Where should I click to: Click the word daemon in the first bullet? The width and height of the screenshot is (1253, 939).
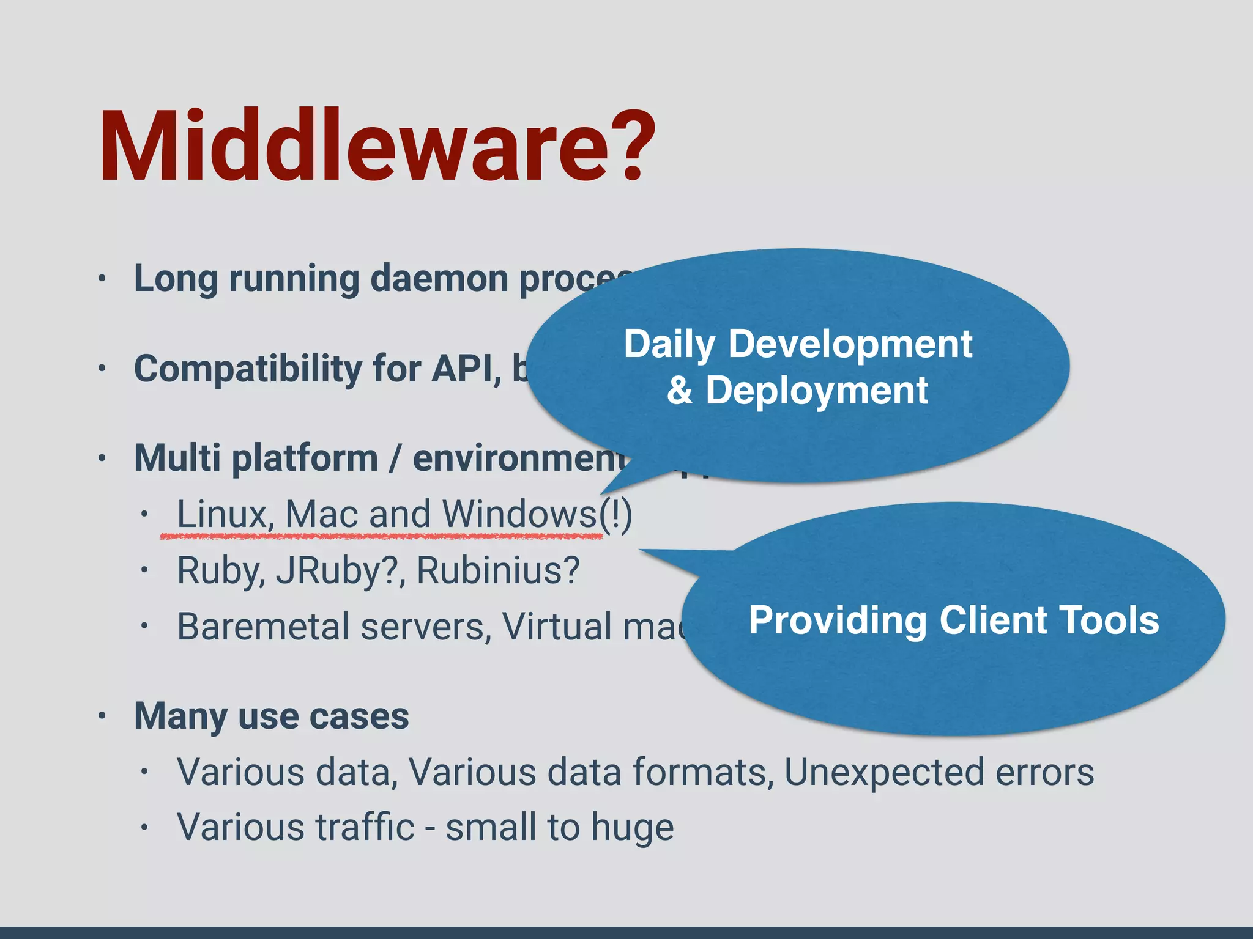pyautogui.click(x=439, y=279)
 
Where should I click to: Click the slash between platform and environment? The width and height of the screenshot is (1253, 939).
pyautogui.click(x=395, y=458)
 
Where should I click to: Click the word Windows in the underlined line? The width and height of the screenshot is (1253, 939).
pyautogui.click(x=519, y=514)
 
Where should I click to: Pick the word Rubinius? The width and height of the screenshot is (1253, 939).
pyautogui.click(x=497, y=570)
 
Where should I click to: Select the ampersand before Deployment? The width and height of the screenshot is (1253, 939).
pyautogui.click(x=680, y=391)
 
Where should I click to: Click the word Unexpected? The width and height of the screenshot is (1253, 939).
pyautogui.click(x=883, y=772)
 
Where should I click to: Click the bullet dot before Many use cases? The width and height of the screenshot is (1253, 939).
pyautogui.click(x=102, y=715)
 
